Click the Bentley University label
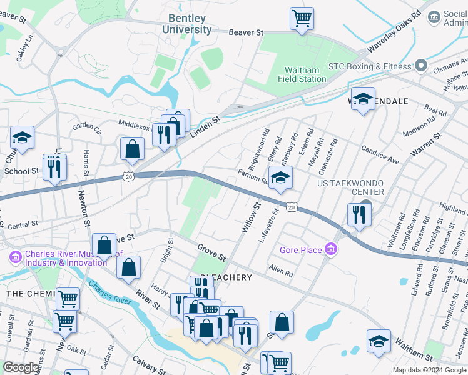[186, 24]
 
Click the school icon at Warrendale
[363, 99]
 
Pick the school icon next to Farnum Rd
[280, 177]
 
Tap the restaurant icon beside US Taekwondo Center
[360, 214]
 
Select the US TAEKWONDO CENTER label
[350, 187]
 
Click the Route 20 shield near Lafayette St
[292, 206]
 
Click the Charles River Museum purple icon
[15, 257]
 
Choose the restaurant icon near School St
[54, 166]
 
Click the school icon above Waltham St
[379, 341]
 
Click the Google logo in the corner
[21, 367]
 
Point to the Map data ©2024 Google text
[429, 370]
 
